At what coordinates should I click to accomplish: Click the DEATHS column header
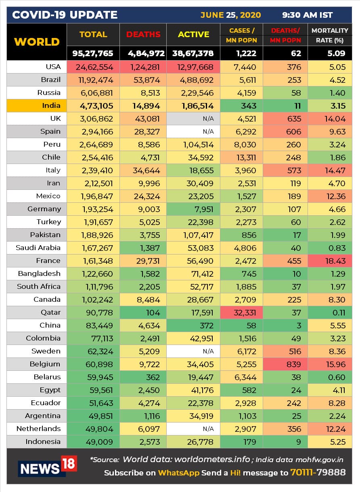pos(143,35)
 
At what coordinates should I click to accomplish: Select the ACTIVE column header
pos(193,35)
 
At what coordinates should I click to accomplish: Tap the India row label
pos(51,105)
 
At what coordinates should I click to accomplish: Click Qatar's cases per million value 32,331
pos(242,312)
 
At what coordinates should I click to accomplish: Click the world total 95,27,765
pos(93,53)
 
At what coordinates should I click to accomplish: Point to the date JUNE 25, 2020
pos(230,15)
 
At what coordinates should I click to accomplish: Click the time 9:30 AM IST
pos(308,15)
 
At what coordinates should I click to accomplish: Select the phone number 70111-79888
pos(318,472)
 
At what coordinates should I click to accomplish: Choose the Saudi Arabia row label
pos(38,248)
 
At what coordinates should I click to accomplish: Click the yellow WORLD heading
pos(37,42)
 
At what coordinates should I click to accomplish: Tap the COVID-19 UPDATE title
pos(65,15)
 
